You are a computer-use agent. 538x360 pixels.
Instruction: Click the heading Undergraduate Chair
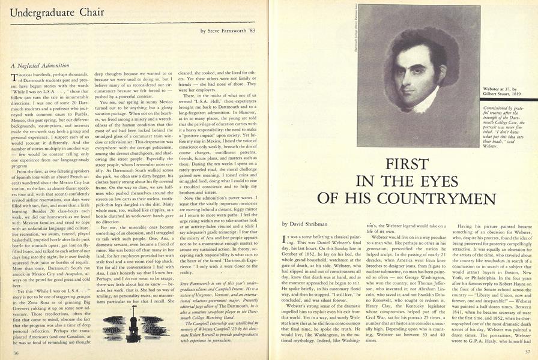point(47,13)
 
